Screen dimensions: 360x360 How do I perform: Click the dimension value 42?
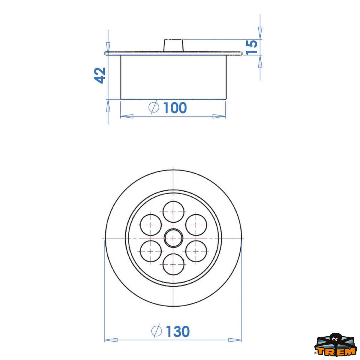[x=100, y=75]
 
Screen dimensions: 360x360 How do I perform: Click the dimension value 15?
[x=252, y=47]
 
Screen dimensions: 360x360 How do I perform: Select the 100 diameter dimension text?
[x=175, y=108]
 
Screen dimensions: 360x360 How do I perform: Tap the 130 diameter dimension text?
[x=178, y=331]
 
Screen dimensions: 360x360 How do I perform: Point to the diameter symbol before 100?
[x=154, y=107]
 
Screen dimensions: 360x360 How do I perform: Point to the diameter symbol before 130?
[x=156, y=331]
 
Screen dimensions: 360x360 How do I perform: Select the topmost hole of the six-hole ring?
[x=173, y=212]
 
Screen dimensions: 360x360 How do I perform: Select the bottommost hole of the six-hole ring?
[x=173, y=264]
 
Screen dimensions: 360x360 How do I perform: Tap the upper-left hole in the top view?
[x=151, y=225]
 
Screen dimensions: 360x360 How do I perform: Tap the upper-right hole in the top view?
[x=196, y=225]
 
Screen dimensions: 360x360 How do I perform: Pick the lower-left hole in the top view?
[x=151, y=251]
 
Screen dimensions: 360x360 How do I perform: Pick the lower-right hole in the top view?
[x=196, y=251]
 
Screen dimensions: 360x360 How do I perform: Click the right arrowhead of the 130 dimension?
[x=235, y=340]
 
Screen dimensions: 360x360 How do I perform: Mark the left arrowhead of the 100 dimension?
[x=126, y=116]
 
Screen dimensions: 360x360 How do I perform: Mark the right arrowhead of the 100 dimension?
[x=219, y=116]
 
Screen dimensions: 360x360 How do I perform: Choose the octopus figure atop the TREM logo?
[x=335, y=339]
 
